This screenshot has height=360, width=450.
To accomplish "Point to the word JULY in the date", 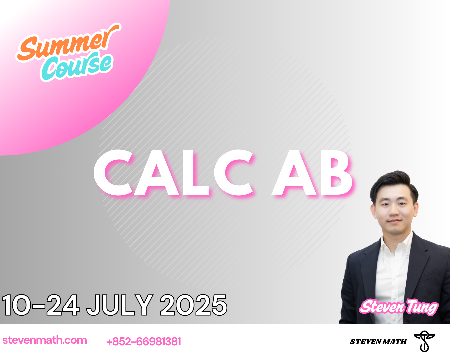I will pos(120,305).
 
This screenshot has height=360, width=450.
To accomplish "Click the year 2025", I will pos(193,305).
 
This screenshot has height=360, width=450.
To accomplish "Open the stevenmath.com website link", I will pos(45,340).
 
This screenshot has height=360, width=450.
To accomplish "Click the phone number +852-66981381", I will pos(144,342).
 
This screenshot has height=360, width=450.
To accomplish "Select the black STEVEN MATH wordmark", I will pos(378,342).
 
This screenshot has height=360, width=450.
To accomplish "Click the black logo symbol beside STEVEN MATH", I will pos(424,341).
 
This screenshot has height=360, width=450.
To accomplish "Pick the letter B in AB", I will pos(335,173).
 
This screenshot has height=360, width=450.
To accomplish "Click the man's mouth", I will pos(394,221).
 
